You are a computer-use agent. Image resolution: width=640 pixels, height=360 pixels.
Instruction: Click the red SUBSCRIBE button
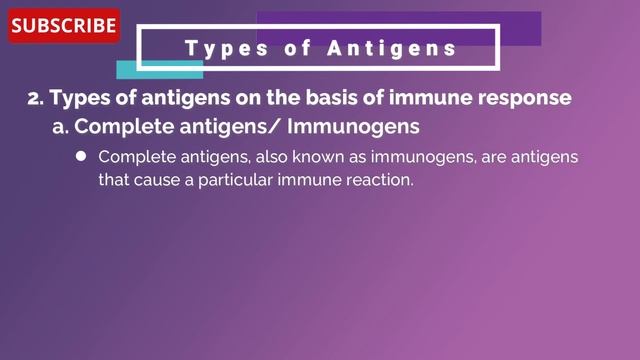64,26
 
